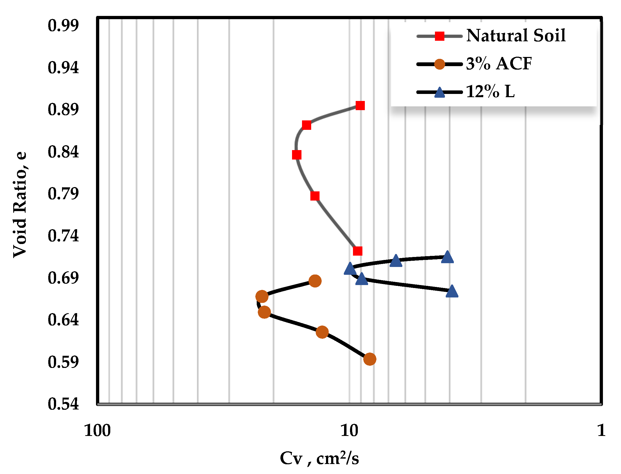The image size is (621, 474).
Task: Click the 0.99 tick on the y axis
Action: pyautogui.click(x=63, y=26)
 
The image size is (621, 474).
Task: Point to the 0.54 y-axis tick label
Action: pyautogui.click(x=63, y=404)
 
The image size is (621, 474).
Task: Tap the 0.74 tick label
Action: pyautogui.click(x=63, y=236)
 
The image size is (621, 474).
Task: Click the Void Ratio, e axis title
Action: pyautogui.click(x=20, y=205)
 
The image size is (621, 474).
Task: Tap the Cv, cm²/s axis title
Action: pyautogui.click(x=319, y=459)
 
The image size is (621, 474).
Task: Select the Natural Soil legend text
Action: pyautogui.click(x=516, y=36)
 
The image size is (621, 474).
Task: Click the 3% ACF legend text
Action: pyautogui.click(x=499, y=64)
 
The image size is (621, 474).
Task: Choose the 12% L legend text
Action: pyautogui.click(x=490, y=92)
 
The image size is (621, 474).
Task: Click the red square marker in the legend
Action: pyautogui.click(x=440, y=36)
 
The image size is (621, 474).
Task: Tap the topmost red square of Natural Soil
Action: pyautogui.click(x=360, y=106)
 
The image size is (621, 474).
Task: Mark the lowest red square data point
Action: pyautogui.click(x=358, y=251)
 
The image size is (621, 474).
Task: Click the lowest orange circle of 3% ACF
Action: pyautogui.click(x=370, y=359)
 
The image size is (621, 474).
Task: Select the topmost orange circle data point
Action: pyautogui.click(x=315, y=281)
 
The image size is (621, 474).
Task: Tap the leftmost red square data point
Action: pyautogui.click(x=297, y=155)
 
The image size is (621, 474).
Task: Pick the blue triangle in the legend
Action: pyautogui.click(x=440, y=93)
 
